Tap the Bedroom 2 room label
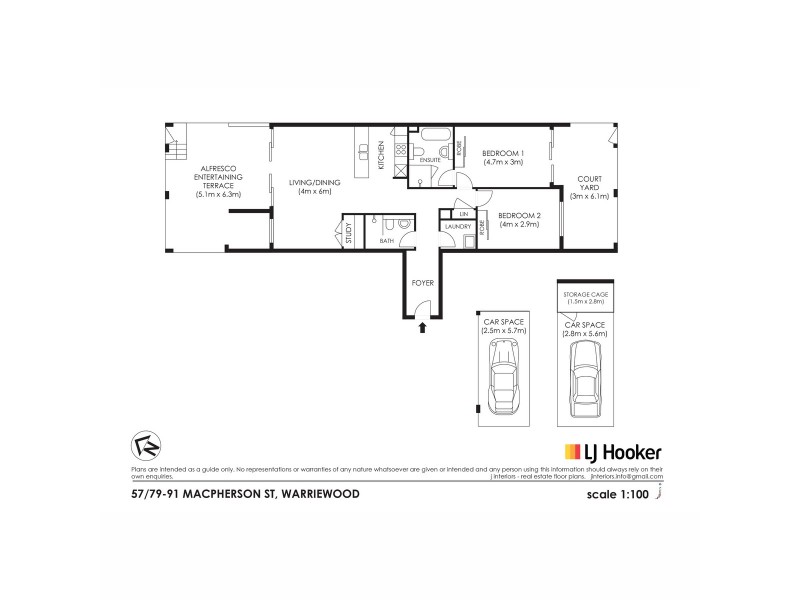(518, 215)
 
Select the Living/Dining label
(309, 183)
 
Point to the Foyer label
(422, 284)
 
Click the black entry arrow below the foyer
(422, 326)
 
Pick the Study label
(349, 233)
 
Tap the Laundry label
(459, 227)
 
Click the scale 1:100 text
(625, 493)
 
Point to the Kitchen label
(381, 154)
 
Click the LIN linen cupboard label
(463, 214)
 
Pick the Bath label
(386, 241)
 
